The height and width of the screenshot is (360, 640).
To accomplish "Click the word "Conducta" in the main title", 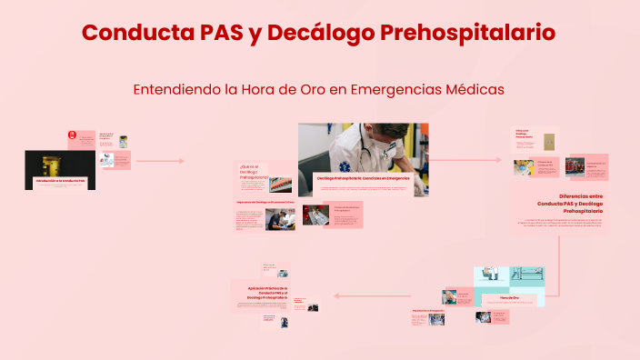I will click(135, 33).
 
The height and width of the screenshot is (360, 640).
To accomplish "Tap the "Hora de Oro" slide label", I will click(509, 297).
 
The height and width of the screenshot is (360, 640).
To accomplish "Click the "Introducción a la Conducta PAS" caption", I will click(60, 182).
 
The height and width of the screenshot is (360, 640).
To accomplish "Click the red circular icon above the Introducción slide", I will click(72, 136).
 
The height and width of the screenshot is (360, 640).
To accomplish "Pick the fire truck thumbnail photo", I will click(575, 166).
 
